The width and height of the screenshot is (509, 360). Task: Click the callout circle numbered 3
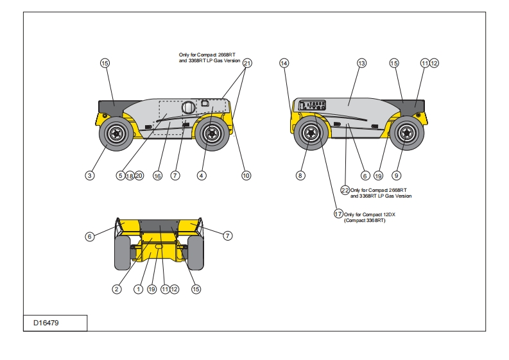[x=91, y=175]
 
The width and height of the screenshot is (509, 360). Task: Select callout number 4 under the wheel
[x=202, y=175]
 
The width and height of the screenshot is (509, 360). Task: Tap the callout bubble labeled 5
[x=120, y=175]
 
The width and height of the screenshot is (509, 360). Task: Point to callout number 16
[x=157, y=175]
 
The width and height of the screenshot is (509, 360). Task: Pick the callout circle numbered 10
[x=246, y=175]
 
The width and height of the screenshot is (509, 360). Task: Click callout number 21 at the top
[x=247, y=63]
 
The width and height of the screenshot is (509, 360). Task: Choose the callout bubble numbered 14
[x=284, y=63]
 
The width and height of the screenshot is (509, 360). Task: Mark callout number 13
[x=361, y=63]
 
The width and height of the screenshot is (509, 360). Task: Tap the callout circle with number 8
[x=301, y=175]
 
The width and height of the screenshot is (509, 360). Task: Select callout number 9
[x=396, y=175]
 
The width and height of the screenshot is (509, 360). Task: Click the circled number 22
[x=345, y=190]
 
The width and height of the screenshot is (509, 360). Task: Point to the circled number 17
[x=338, y=214]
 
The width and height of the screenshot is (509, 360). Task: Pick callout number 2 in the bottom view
[x=117, y=289]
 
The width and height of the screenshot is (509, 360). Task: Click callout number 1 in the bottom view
[x=138, y=289]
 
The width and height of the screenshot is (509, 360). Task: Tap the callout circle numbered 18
[x=129, y=175]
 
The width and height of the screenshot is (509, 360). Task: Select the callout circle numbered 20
[x=139, y=175]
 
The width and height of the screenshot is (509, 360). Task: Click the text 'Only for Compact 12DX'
[x=370, y=214]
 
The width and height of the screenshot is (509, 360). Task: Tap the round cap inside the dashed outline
[x=188, y=107]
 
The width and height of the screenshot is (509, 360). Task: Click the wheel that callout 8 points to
[x=310, y=133]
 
